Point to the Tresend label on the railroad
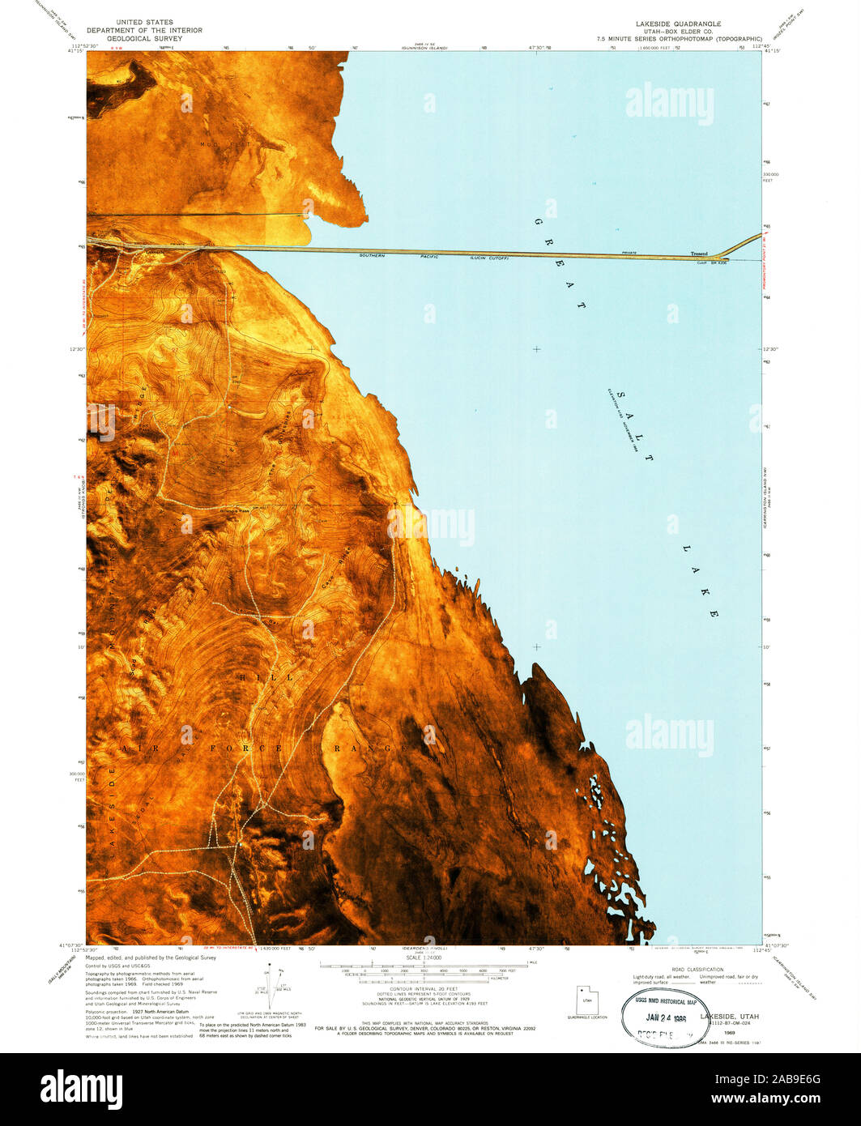coord(698,254)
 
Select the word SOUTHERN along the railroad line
coord(373,256)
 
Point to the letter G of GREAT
coord(538,221)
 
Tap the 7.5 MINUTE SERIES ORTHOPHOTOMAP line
coord(679,39)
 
